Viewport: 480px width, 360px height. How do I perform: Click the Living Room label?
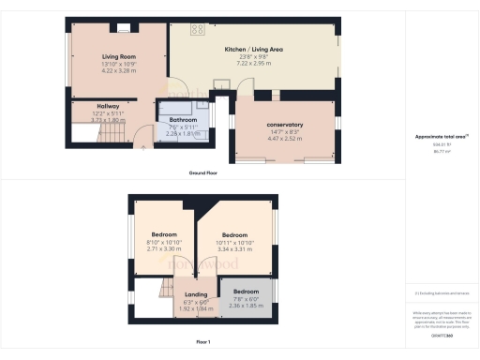pyautogui.click(x=118, y=57)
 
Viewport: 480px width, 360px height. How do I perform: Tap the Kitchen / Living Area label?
pyautogui.click(x=253, y=50)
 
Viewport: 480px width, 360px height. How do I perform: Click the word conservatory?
pyautogui.click(x=285, y=125)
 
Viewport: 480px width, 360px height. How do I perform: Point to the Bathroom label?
pyautogui.click(x=183, y=121)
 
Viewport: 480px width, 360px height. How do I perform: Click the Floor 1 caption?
pyautogui.click(x=202, y=341)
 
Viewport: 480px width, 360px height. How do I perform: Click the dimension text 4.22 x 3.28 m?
pyautogui.click(x=118, y=71)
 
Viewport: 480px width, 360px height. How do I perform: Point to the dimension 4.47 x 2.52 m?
pyautogui.click(x=285, y=138)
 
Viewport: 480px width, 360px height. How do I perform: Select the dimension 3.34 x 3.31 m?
pyautogui.click(x=234, y=249)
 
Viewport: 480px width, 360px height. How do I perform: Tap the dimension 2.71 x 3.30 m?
pyautogui.click(x=164, y=249)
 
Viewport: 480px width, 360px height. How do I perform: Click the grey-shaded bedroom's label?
pyautogui.click(x=246, y=292)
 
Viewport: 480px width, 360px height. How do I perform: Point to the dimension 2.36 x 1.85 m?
pyautogui.click(x=246, y=305)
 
